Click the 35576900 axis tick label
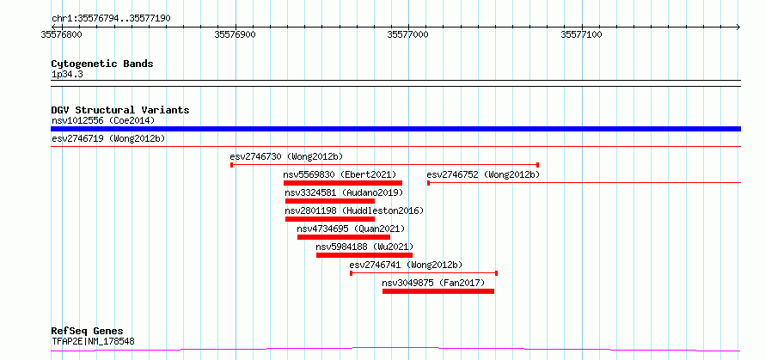236,34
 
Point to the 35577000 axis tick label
408,34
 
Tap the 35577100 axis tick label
582,34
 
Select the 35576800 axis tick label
62,34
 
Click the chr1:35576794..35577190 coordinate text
111,19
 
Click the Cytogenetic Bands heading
102,64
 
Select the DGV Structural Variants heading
120,110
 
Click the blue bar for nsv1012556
395,129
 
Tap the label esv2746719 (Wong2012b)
108,139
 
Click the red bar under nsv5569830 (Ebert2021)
343,183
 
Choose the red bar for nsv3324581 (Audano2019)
330,201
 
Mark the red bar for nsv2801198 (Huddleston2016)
330,219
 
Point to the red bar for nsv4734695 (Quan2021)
344,237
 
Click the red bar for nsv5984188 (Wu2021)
364,255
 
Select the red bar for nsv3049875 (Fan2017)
438,291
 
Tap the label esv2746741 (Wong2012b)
406,265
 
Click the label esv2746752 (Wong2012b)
483,174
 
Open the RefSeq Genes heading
88,332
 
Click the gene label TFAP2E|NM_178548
93,341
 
